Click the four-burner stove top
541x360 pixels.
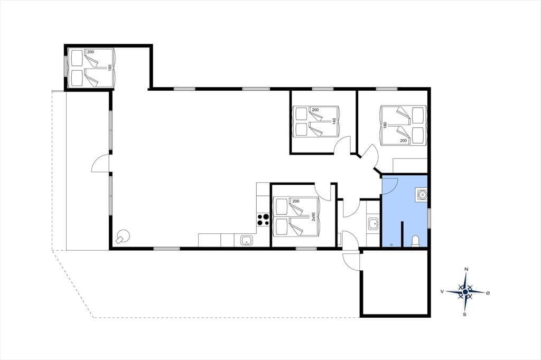click(x=263, y=220)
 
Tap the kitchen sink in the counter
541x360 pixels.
click(x=246, y=240)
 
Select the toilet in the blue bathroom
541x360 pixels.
click(x=416, y=241)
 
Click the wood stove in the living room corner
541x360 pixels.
click(x=122, y=237)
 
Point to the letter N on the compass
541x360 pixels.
click(x=466, y=269)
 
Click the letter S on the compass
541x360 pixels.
click(x=465, y=314)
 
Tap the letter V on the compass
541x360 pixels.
click(x=442, y=291)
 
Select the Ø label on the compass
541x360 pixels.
click(x=488, y=293)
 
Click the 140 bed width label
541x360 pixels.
click(x=334, y=122)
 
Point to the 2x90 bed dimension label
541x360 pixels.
click(x=313, y=216)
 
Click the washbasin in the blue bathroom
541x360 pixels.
click(x=421, y=195)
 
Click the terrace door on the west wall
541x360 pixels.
click(x=100, y=163)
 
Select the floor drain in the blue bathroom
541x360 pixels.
click(x=391, y=244)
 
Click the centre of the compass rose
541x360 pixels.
click(x=465, y=292)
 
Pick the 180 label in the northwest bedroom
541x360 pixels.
click(x=110, y=68)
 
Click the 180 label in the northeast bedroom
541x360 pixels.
click(x=385, y=125)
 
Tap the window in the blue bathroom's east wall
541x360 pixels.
click(x=429, y=218)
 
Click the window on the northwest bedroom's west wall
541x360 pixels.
click(x=66, y=65)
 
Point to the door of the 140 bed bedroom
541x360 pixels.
click(x=342, y=144)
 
